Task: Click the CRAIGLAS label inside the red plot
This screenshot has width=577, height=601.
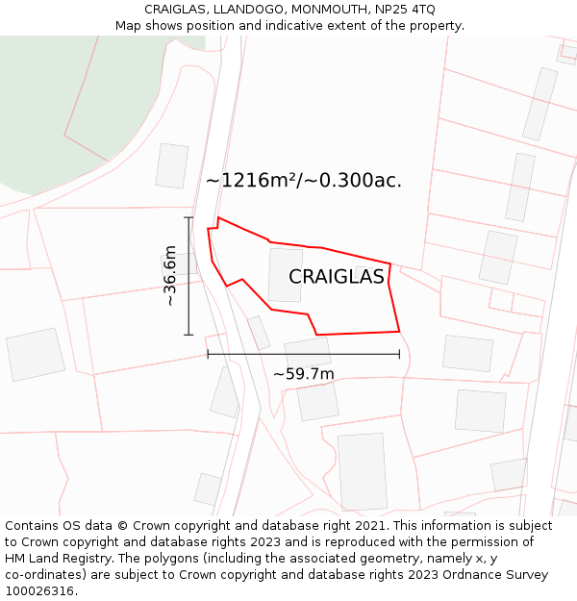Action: [x=337, y=277]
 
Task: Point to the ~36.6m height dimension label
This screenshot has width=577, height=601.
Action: [x=170, y=276]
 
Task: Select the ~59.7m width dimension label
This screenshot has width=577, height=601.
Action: [x=304, y=374]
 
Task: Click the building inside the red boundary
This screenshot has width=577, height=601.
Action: [x=285, y=275]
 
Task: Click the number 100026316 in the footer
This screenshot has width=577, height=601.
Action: [x=40, y=590]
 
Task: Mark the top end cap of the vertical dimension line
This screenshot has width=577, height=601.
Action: [x=188, y=218]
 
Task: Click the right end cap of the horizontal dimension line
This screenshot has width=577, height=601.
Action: [x=399, y=354]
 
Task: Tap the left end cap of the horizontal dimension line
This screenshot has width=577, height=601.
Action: [x=208, y=354]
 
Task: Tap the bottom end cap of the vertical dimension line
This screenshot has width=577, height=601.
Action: [x=188, y=335]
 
